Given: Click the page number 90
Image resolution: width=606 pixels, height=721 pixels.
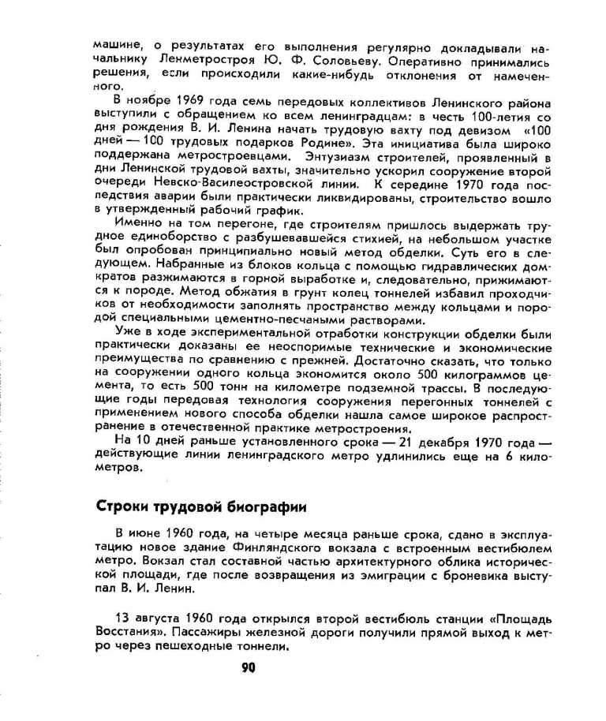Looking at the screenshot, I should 249,667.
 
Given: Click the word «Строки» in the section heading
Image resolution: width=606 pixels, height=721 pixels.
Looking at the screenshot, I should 123,506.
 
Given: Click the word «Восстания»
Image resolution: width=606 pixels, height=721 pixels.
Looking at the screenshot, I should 122,632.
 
